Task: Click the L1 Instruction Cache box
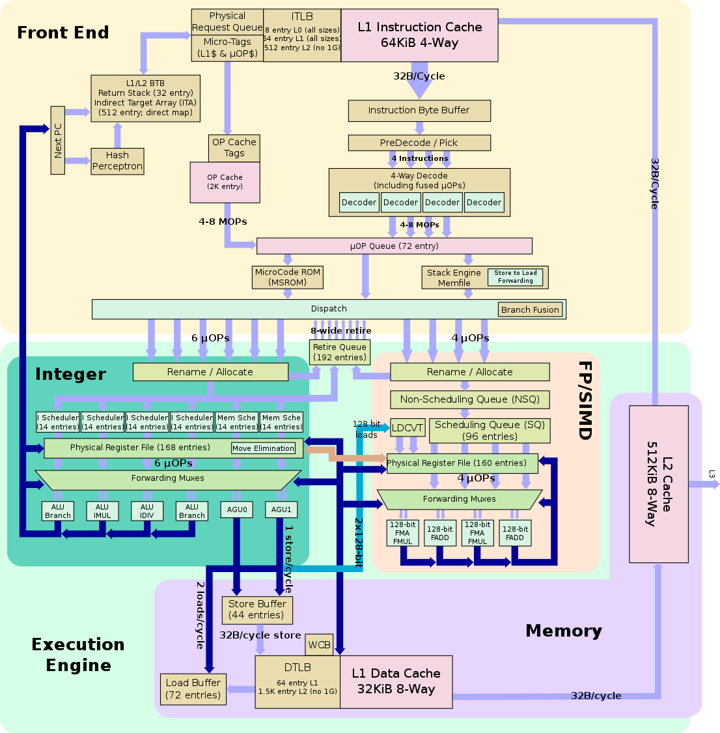pyautogui.click(x=419, y=35)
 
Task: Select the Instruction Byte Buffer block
pyautogui.click(x=419, y=111)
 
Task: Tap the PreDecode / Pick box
pyautogui.click(x=419, y=143)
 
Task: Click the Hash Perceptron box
pyautogui.click(x=117, y=161)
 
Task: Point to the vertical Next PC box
pyautogui.click(x=58, y=140)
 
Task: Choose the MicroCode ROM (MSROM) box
pyautogui.click(x=287, y=278)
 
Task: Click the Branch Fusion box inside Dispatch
pyautogui.click(x=530, y=309)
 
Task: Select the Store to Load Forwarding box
pyautogui.click(x=515, y=277)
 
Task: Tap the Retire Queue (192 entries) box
pyautogui.click(x=340, y=352)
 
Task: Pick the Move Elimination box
pyautogui.click(x=263, y=448)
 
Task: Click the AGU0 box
pyautogui.click(x=237, y=510)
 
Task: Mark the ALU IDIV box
pyautogui.click(x=147, y=511)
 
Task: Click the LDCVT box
pyautogui.click(x=408, y=428)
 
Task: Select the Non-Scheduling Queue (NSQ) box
pyautogui.click(x=469, y=399)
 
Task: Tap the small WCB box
pyautogui.click(x=319, y=645)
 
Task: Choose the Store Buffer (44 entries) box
pyautogui.click(x=257, y=610)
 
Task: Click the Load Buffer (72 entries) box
pyautogui.click(x=193, y=689)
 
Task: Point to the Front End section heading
pyautogui.click(x=63, y=33)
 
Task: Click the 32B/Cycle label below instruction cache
pyautogui.click(x=419, y=76)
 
